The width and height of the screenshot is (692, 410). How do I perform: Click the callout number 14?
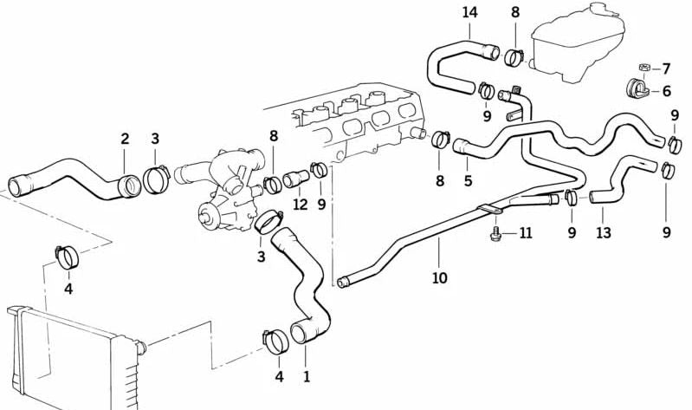(469, 12)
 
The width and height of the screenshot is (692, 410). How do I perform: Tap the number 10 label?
(439, 277)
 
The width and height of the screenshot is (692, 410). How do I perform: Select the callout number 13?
(603, 232)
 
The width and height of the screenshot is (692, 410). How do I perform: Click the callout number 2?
(125, 138)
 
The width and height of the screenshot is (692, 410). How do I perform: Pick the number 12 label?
(300, 205)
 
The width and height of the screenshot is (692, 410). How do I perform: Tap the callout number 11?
(525, 233)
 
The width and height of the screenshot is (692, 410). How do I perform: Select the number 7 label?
(666, 68)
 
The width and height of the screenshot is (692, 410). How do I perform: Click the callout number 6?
(666, 90)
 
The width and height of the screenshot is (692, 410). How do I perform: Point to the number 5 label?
(468, 181)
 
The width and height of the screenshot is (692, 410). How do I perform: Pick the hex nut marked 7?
(643, 68)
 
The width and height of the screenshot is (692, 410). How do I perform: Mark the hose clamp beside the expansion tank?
(514, 58)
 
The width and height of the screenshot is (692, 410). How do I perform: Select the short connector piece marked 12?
(294, 180)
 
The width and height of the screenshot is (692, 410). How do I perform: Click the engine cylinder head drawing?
(355, 121)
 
